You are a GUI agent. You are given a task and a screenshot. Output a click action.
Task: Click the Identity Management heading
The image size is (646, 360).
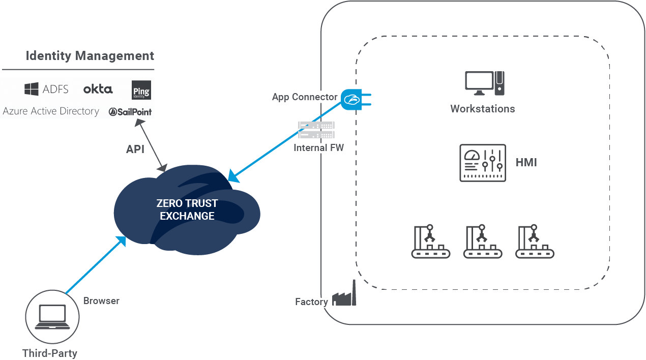[90, 55]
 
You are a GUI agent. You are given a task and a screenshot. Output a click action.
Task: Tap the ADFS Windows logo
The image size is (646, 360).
[32, 89]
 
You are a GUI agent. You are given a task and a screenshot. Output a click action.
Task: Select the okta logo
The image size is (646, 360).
[98, 89]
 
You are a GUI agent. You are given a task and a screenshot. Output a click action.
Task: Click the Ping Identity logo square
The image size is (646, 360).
[141, 90]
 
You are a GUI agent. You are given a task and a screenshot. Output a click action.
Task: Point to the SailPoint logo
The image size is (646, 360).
[130, 112]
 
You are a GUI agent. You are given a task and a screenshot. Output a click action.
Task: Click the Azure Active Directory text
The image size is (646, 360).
[51, 111]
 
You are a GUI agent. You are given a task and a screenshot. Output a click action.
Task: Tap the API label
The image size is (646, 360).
[135, 149]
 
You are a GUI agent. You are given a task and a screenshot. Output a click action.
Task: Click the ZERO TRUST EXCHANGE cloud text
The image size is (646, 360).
[187, 209]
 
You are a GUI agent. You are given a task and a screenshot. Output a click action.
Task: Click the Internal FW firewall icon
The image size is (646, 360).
[316, 130]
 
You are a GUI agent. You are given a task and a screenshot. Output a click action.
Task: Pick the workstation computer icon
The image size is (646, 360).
[484, 83]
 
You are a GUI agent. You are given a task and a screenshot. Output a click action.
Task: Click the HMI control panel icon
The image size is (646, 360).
[482, 163]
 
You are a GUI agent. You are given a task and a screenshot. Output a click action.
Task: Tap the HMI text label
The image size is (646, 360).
[526, 163]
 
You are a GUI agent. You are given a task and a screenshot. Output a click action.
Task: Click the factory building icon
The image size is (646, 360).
[344, 296]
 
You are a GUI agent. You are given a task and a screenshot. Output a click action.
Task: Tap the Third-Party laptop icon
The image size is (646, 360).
[52, 317]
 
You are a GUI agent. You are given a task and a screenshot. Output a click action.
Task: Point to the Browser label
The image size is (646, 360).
[101, 301]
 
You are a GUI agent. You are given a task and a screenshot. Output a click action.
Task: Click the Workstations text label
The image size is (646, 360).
[482, 109]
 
